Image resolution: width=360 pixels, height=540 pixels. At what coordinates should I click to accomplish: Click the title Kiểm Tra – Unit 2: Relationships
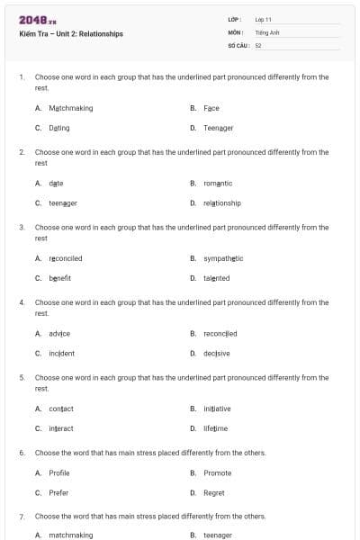click(71, 34)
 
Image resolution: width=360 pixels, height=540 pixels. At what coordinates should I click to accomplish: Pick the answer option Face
click(211, 108)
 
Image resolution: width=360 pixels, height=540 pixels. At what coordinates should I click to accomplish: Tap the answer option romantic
click(218, 184)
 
